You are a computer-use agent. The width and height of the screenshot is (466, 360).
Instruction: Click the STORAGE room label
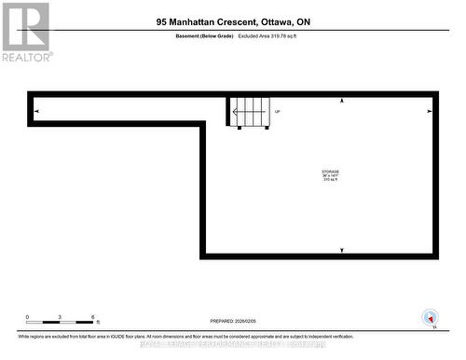(x=330, y=172)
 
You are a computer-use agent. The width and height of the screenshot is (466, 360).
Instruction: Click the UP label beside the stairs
(x=277, y=112)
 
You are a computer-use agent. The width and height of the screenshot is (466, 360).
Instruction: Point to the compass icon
(x=430, y=317)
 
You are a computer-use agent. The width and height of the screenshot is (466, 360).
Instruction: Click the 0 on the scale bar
(x=27, y=317)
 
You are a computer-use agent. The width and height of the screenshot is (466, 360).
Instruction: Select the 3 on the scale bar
(x=60, y=317)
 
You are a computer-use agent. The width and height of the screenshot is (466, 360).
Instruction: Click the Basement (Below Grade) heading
(x=204, y=35)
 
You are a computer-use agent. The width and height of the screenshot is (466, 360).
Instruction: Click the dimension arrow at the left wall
(x=36, y=112)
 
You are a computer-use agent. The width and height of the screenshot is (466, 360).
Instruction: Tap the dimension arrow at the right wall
(x=430, y=112)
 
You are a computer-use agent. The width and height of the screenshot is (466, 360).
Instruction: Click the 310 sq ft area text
(x=330, y=181)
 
